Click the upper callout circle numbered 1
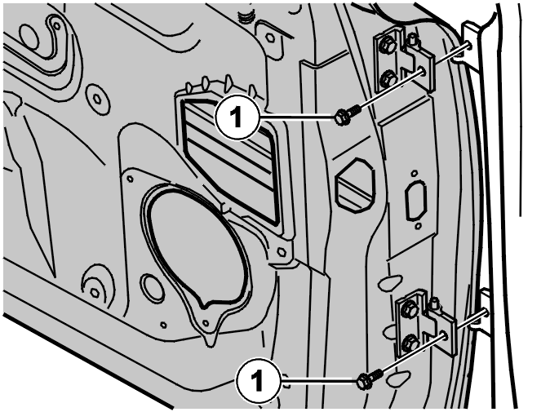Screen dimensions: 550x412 pos(237,117)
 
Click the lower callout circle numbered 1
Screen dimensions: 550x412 pos(259,379)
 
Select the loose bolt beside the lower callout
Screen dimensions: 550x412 pos(369,379)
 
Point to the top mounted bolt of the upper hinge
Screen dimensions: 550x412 pos(386,45)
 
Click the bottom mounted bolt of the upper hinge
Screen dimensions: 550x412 pos(388,78)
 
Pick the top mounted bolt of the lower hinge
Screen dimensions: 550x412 pos(409,308)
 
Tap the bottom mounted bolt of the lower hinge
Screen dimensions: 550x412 pos(410,341)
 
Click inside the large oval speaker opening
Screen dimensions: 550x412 pos(197,246)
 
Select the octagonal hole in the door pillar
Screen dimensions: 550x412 pos(354,184)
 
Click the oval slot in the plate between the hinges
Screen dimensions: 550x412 pos(416,201)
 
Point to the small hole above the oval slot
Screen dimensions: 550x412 pos(415,173)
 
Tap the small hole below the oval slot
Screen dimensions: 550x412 pos(418,227)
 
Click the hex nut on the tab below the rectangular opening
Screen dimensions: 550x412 pos(281,252)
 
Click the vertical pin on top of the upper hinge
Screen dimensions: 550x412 pos(413,39)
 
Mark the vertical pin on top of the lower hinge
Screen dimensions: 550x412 pos(434,303)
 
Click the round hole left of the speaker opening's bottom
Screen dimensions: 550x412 pos(153,285)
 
